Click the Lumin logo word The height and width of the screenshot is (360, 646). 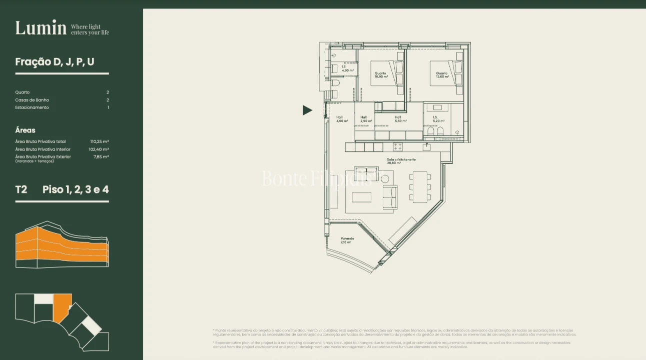(41, 28)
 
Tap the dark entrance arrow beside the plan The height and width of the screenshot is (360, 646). (307, 110)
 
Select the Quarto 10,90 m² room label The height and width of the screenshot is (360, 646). (381, 75)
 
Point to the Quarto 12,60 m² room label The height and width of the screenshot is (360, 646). (442, 75)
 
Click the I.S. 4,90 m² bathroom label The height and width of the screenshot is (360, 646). (347, 68)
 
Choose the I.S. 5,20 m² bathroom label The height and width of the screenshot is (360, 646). (438, 119)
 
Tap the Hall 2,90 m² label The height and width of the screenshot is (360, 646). (364, 119)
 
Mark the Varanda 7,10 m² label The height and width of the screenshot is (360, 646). (347, 240)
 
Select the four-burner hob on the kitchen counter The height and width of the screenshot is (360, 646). (398, 147)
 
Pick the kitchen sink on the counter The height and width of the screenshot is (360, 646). (426, 147)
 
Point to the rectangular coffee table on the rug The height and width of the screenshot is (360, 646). (361, 197)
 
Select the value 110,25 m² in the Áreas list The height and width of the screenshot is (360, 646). (99, 141)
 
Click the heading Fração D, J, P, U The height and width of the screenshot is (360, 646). (55, 62)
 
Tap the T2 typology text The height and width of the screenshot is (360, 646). (21, 189)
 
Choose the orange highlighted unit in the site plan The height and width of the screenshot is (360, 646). (62, 306)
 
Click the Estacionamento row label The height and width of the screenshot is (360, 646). (32, 107)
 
